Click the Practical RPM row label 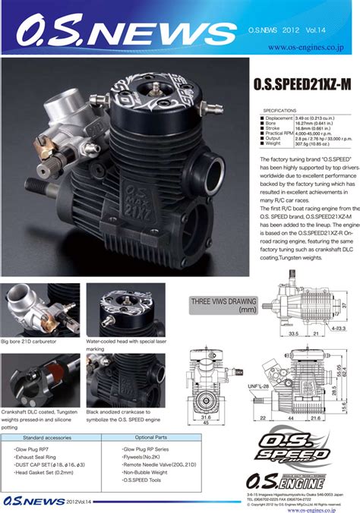279,134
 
